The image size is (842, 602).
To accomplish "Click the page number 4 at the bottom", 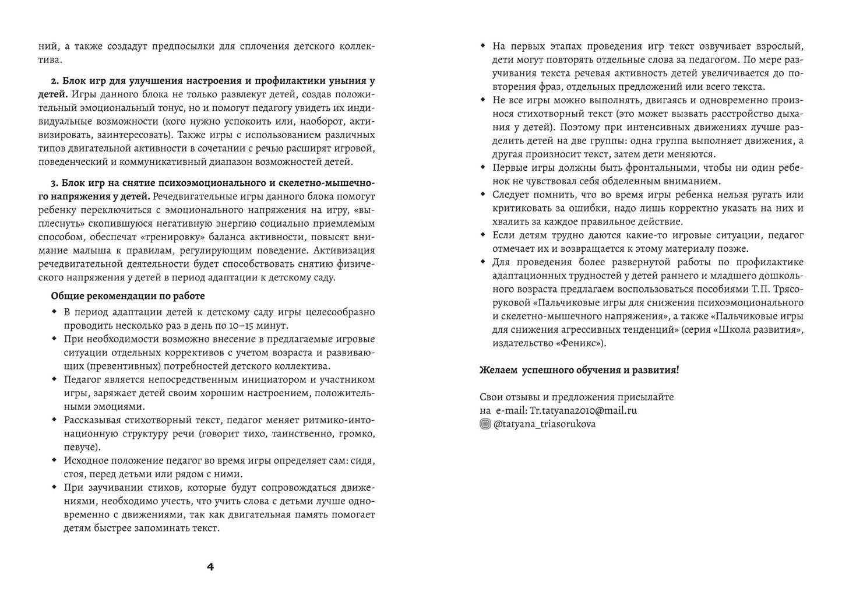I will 210,566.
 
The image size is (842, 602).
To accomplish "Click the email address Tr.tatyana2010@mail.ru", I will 583,410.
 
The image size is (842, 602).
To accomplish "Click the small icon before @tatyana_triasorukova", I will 485,424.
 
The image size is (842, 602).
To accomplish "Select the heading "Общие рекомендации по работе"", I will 128,296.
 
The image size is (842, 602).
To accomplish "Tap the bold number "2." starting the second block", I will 56,81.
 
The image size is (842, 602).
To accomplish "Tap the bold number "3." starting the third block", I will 56,182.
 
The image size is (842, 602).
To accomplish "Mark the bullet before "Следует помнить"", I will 483,195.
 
